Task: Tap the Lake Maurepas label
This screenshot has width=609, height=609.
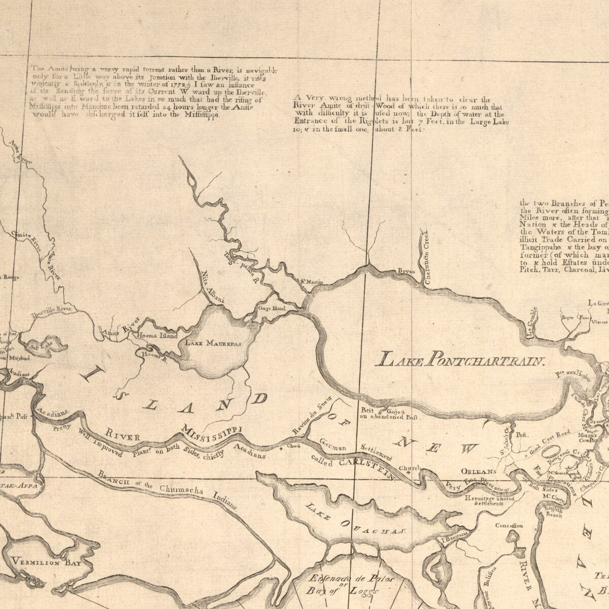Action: (x=214, y=344)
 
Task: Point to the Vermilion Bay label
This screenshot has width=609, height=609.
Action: (x=44, y=562)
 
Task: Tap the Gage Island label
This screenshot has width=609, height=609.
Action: (x=272, y=309)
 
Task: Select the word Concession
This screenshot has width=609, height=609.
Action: (x=510, y=526)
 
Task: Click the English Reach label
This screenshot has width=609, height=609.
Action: (x=553, y=512)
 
